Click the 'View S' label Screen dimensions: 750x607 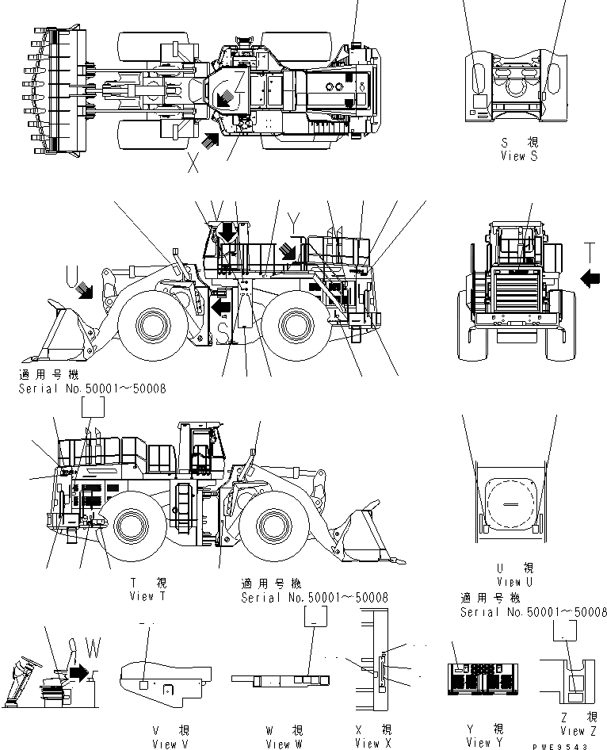(519, 157)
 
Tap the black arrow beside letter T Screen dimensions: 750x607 (591, 278)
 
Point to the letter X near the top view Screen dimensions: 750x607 (193, 164)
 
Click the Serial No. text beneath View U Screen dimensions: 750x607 (533, 612)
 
